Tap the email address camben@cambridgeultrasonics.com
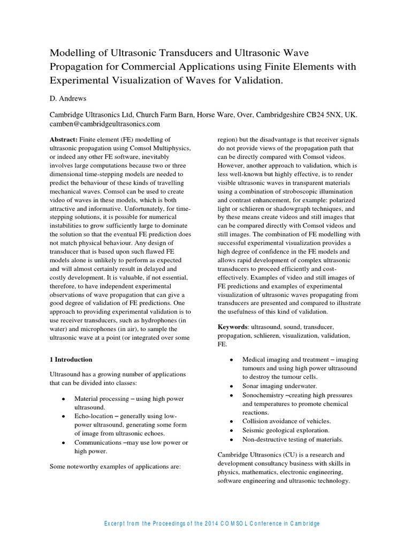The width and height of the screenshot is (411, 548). [105, 124]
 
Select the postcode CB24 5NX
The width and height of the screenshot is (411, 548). [323, 115]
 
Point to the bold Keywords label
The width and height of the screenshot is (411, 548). [233, 326]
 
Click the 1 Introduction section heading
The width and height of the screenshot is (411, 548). [71, 359]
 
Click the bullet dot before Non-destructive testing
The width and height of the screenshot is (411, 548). [231, 439]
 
